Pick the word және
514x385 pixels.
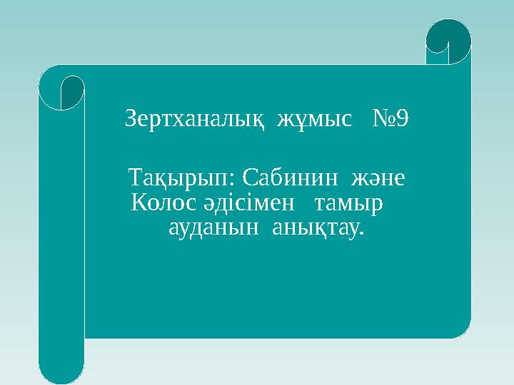point(379,176)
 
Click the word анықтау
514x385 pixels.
point(317,229)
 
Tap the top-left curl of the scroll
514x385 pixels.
point(62,89)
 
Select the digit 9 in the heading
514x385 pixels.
point(402,118)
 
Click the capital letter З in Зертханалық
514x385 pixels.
point(131,118)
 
